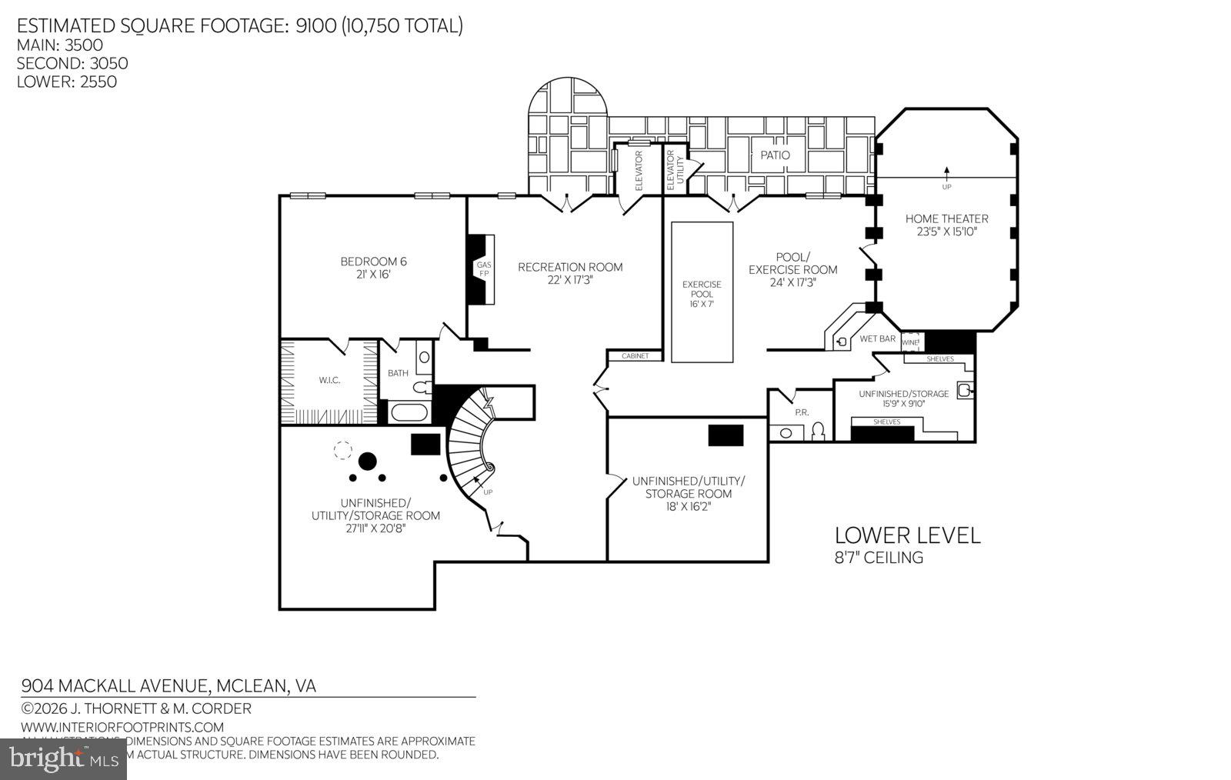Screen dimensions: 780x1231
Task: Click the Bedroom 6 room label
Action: [373, 262]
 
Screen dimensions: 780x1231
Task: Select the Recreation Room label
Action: [570, 267]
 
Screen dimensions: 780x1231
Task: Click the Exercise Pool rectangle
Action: [702, 292]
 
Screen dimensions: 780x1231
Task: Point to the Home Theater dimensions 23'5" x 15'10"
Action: [946, 231]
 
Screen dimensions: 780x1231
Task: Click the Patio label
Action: [775, 155]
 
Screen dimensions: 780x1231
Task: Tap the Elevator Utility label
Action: [675, 170]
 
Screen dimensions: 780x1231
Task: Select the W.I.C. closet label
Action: [329, 380]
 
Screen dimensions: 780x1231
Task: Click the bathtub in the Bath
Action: [409, 413]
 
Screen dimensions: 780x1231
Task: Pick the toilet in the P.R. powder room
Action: [819, 429]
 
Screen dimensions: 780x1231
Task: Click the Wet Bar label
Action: [877, 338]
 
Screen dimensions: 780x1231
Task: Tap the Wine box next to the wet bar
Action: [911, 342]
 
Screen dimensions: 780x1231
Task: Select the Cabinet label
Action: [636, 356]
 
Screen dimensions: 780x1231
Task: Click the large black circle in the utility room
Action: [368, 461]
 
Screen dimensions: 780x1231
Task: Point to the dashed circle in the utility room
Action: [342, 450]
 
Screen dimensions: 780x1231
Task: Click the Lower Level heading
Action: [907, 535]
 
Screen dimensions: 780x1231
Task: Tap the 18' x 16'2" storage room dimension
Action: [688, 506]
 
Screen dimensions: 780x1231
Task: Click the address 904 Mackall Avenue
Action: [168, 685]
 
